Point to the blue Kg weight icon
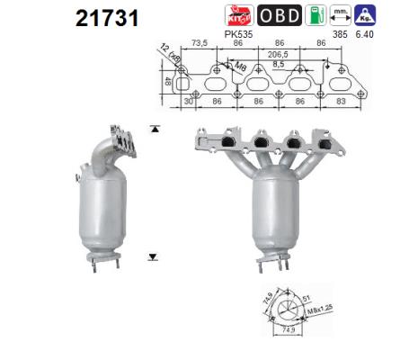coord(366,15)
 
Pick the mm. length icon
coord(341,15)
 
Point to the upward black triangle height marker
coord(154,130)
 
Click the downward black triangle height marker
coord(154,256)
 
